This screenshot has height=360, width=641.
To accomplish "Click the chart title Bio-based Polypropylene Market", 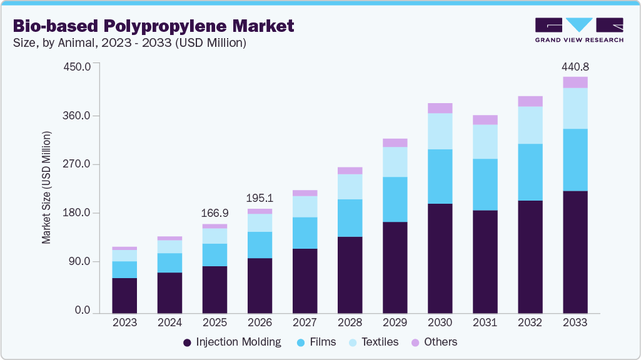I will (x=154, y=26).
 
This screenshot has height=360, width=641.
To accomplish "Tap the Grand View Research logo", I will (x=579, y=29).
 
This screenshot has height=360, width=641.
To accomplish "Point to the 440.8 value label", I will (x=575, y=66).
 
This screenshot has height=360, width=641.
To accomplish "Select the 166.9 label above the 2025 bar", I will (x=215, y=213).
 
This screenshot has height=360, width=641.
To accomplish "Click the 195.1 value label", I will (x=260, y=198).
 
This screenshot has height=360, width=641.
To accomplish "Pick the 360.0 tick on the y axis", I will (x=78, y=116).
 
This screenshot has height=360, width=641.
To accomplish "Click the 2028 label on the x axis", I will (x=350, y=323).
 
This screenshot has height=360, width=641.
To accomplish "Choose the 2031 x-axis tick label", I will (x=485, y=323).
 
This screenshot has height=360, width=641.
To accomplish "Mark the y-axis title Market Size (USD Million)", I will (x=47, y=187).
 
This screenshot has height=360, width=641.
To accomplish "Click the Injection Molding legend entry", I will (x=231, y=342).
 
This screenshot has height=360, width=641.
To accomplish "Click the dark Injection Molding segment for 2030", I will (x=440, y=258).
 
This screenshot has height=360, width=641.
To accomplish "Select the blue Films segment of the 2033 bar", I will (x=575, y=159).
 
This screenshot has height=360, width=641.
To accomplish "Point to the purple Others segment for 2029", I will (x=395, y=142).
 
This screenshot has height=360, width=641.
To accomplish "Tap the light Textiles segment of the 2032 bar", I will (x=530, y=125).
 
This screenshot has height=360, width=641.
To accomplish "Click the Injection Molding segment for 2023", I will (x=124, y=295).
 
